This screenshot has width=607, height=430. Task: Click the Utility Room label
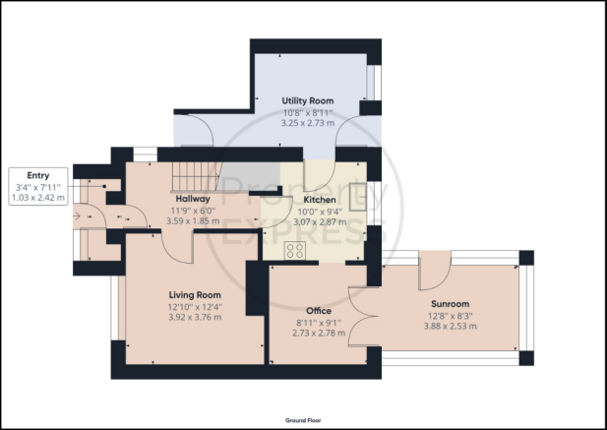pos(307,101)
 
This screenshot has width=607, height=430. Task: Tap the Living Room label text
pos(195,295)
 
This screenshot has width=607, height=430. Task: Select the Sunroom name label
pos(450,304)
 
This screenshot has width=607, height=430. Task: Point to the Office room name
pos(319,311)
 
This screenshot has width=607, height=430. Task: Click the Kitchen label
pos(320,200)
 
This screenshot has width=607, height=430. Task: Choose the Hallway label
pos(193,199)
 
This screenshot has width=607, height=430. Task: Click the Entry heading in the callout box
pos(38,176)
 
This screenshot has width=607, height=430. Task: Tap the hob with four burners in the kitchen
pos(295,250)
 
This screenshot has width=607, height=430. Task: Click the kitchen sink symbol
pos(358,197)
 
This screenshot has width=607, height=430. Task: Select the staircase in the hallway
pos(196,177)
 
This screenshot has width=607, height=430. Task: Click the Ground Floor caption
pos(303,420)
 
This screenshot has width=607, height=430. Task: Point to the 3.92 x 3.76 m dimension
pos(195,318)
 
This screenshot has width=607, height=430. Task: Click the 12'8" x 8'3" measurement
pos(451,316)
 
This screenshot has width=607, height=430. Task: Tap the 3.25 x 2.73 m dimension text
pos(308,123)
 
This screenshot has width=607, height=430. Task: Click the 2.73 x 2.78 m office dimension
pos(319,333)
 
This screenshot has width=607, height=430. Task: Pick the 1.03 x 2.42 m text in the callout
pos(38,198)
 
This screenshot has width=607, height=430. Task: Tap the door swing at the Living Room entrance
pos(176,248)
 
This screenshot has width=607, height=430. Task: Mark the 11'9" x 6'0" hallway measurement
pos(193,211)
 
